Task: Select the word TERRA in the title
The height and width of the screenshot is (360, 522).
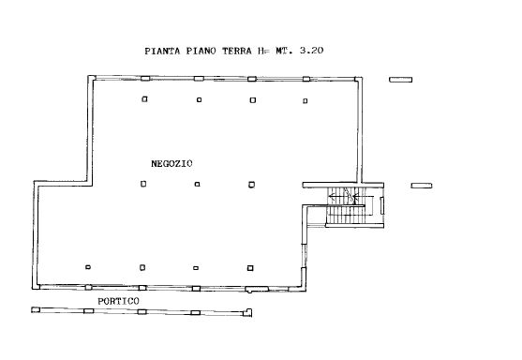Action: click(x=237, y=51)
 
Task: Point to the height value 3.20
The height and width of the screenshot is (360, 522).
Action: click(x=311, y=51)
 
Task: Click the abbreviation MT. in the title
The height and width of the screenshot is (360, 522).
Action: click(x=284, y=51)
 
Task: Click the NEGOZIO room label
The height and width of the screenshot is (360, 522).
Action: click(x=172, y=163)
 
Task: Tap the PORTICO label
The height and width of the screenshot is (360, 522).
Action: click(x=118, y=301)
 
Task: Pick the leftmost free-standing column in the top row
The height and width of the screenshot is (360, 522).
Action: click(x=144, y=99)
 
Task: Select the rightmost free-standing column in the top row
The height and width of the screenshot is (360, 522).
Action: click(x=306, y=101)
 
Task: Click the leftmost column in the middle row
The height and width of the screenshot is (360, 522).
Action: click(x=143, y=184)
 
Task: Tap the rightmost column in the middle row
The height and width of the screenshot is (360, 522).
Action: click(x=252, y=185)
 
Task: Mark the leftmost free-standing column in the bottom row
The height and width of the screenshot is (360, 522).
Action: click(x=88, y=267)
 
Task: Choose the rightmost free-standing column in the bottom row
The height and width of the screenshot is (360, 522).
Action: click(x=250, y=268)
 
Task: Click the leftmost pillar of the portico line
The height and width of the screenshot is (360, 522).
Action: click(x=36, y=309)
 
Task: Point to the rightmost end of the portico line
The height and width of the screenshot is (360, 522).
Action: click(x=251, y=312)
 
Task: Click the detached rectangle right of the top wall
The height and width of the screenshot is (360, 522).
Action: click(x=401, y=80)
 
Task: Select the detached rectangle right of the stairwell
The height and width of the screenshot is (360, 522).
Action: click(x=422, y=186)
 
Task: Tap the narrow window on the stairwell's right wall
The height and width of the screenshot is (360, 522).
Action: click(x=382, y=205)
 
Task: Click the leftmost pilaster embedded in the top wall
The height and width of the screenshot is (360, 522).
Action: click(x=145, y=79)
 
